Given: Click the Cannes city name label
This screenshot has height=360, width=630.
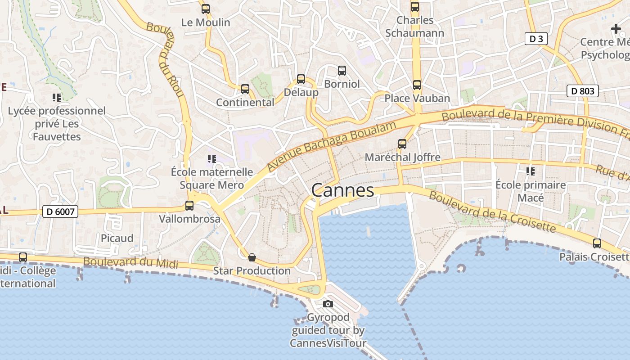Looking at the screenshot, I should point(342,190).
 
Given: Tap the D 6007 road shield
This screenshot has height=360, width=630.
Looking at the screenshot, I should point(60,211).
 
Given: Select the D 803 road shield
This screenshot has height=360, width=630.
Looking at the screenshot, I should point(582,91).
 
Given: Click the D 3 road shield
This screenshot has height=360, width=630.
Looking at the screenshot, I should point(536,39).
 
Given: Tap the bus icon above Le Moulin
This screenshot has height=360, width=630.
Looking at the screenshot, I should point(206,9).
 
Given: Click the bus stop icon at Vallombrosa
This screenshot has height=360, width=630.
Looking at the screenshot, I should point(189,206).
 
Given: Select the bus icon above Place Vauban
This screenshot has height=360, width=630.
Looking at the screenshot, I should point(417,85).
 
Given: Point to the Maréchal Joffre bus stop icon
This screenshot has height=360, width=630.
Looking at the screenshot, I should point(402,144).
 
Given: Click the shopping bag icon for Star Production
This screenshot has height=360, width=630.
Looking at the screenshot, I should point(252,257).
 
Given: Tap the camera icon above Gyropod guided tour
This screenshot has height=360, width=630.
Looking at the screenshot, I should point(328,304).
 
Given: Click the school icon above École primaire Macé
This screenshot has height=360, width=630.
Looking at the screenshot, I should point(531,171).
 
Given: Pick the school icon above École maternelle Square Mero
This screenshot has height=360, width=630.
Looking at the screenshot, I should point(211,159).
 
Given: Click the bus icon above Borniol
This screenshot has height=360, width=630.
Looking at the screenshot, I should point(342,71).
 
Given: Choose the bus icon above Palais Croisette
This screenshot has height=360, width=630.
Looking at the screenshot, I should point(597,243).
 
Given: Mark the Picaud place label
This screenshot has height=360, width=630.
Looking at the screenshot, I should point(117,238).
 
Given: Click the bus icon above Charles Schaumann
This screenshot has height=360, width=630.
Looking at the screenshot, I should point(415,7).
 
